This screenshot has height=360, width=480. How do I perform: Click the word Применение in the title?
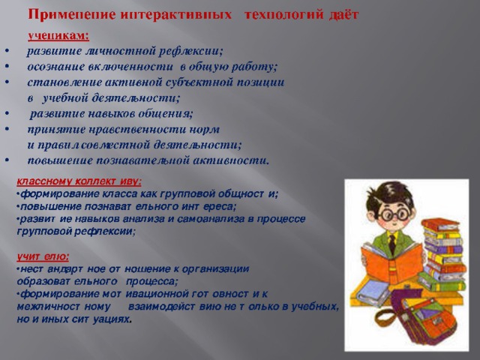(x=72, y=14)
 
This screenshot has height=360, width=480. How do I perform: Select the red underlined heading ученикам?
(x=58, y=36)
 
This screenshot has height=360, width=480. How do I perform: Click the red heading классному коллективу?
(x=79, y=181)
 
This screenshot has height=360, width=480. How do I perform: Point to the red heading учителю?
(x=43, y=256)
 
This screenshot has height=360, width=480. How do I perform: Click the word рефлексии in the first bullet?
(x=190, y=51)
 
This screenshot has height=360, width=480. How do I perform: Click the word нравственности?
(x=137, y=130)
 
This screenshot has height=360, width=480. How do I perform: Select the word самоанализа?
(x=215, y=219)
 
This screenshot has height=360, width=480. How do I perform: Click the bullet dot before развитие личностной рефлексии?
(x=7, y=50)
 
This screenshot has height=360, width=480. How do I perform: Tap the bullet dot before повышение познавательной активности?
(x=7, y=160)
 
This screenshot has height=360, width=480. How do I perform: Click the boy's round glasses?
(x=394, y=214)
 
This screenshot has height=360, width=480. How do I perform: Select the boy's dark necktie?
(x=392, y=244)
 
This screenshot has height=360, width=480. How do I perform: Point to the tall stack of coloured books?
(x=442, y=255)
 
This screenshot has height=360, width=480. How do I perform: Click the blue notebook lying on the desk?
(x=373, y=293)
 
